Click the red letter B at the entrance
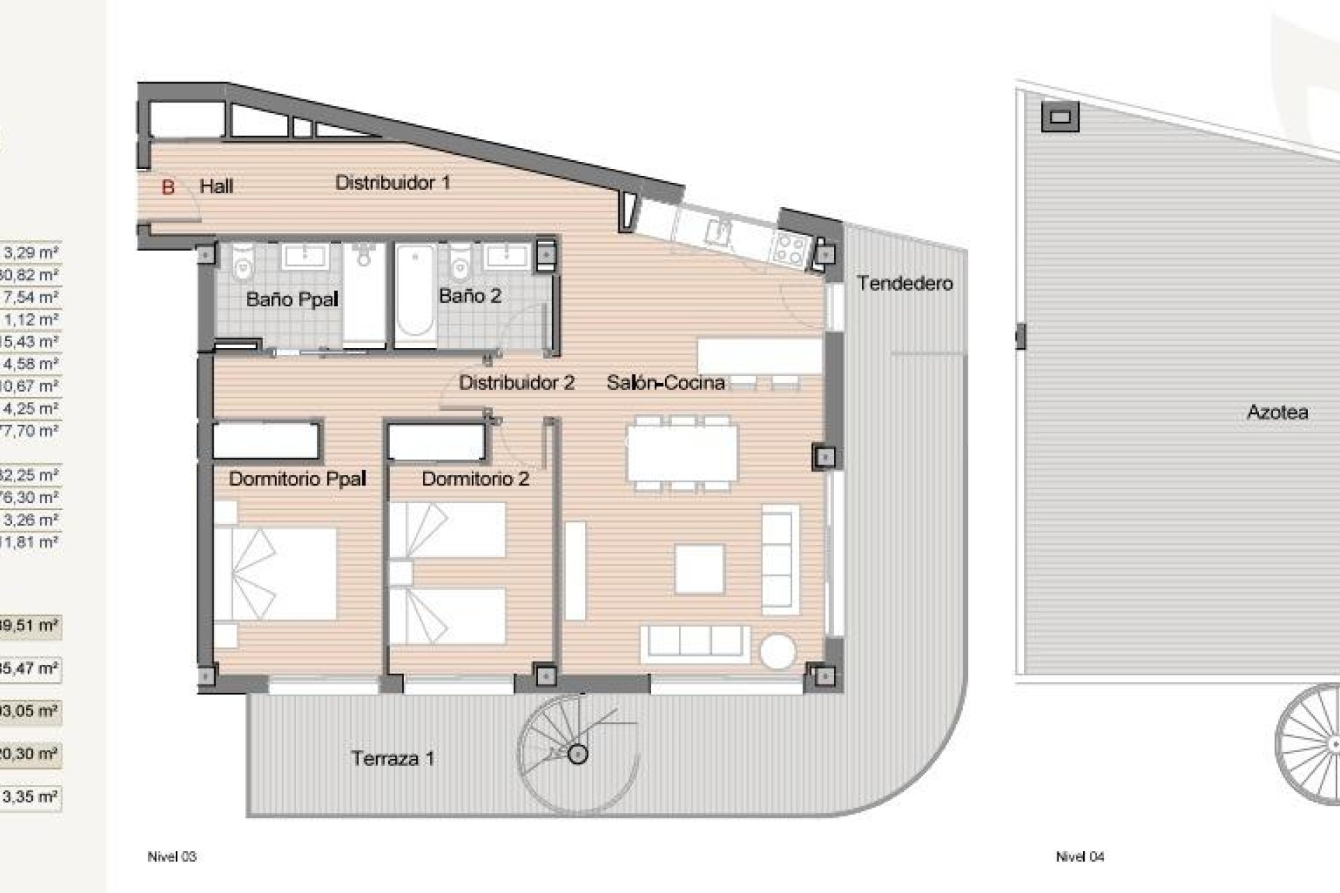[167, 187]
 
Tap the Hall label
[216, 187]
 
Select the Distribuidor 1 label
[392, 183]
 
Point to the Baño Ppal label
[292, 300]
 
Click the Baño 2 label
[470, 296]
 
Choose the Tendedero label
[904, 283]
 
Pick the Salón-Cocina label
[665, 382]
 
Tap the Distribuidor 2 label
[516, 382]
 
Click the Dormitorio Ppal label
[297, 479]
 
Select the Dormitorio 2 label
[475, 479]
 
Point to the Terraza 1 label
[393, 758]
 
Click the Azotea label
[1277, 412]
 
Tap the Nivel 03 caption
[172, 857]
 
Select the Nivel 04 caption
[1080, 857]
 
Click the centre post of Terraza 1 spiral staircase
[577, 753]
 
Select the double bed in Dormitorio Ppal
[276, 573]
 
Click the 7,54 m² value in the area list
[31, 297]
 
